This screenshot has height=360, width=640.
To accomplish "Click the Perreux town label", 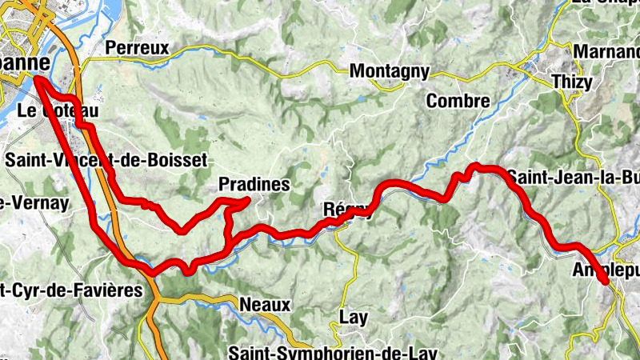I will [137, 48].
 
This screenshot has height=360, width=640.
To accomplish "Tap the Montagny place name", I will [390, 72].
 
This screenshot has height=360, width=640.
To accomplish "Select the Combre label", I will [458, 102].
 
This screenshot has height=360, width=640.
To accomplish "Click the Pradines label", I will [254, 185].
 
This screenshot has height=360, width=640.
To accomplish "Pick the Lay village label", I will [353, 318].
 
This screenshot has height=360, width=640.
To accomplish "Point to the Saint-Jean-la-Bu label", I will [573, 177].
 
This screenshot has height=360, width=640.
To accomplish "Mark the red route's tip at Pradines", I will [246, 200].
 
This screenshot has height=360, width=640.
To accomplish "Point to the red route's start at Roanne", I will [37, 78].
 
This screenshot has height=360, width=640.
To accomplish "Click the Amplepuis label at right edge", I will [606, 271].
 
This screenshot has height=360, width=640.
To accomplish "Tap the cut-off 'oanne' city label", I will [24, 62].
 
